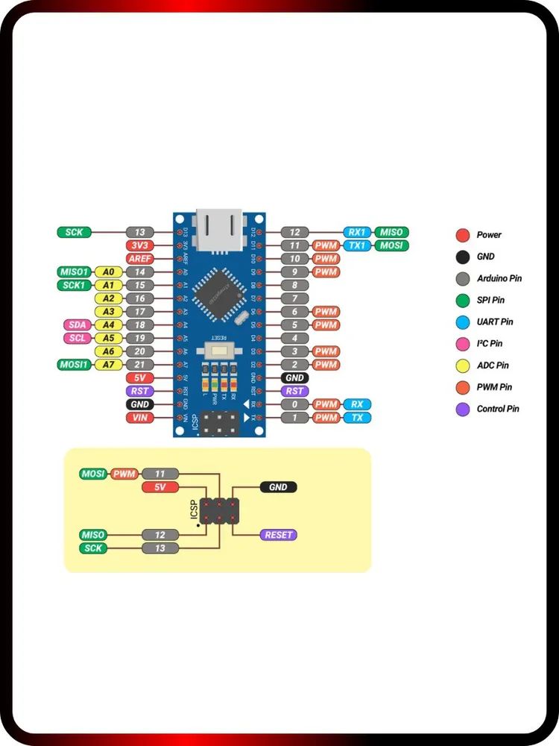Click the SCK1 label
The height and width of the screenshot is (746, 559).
(75, 285)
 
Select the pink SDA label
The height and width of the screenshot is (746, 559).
(78, 325)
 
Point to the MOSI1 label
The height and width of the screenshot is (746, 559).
(75, 364)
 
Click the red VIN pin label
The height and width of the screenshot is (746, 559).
(139, 417)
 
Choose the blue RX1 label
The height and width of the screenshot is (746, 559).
(357, 232)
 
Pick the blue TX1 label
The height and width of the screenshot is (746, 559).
(357, 245)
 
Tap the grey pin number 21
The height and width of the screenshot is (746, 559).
(139, 364)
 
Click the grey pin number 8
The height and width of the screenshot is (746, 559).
(295, 285)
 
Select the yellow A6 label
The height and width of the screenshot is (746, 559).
(109, 351)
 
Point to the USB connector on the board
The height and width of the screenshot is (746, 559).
(218, 222)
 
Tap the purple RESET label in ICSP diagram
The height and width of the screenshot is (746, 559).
(278, 535)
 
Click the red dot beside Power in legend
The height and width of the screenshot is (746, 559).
(463, 235)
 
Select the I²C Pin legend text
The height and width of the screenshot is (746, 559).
(490, 344)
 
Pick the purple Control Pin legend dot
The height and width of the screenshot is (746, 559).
(463, 410)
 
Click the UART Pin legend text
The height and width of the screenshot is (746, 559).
(494, 322)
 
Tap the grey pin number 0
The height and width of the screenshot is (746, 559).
(295, 404)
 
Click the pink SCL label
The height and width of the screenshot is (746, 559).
(78, 338)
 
